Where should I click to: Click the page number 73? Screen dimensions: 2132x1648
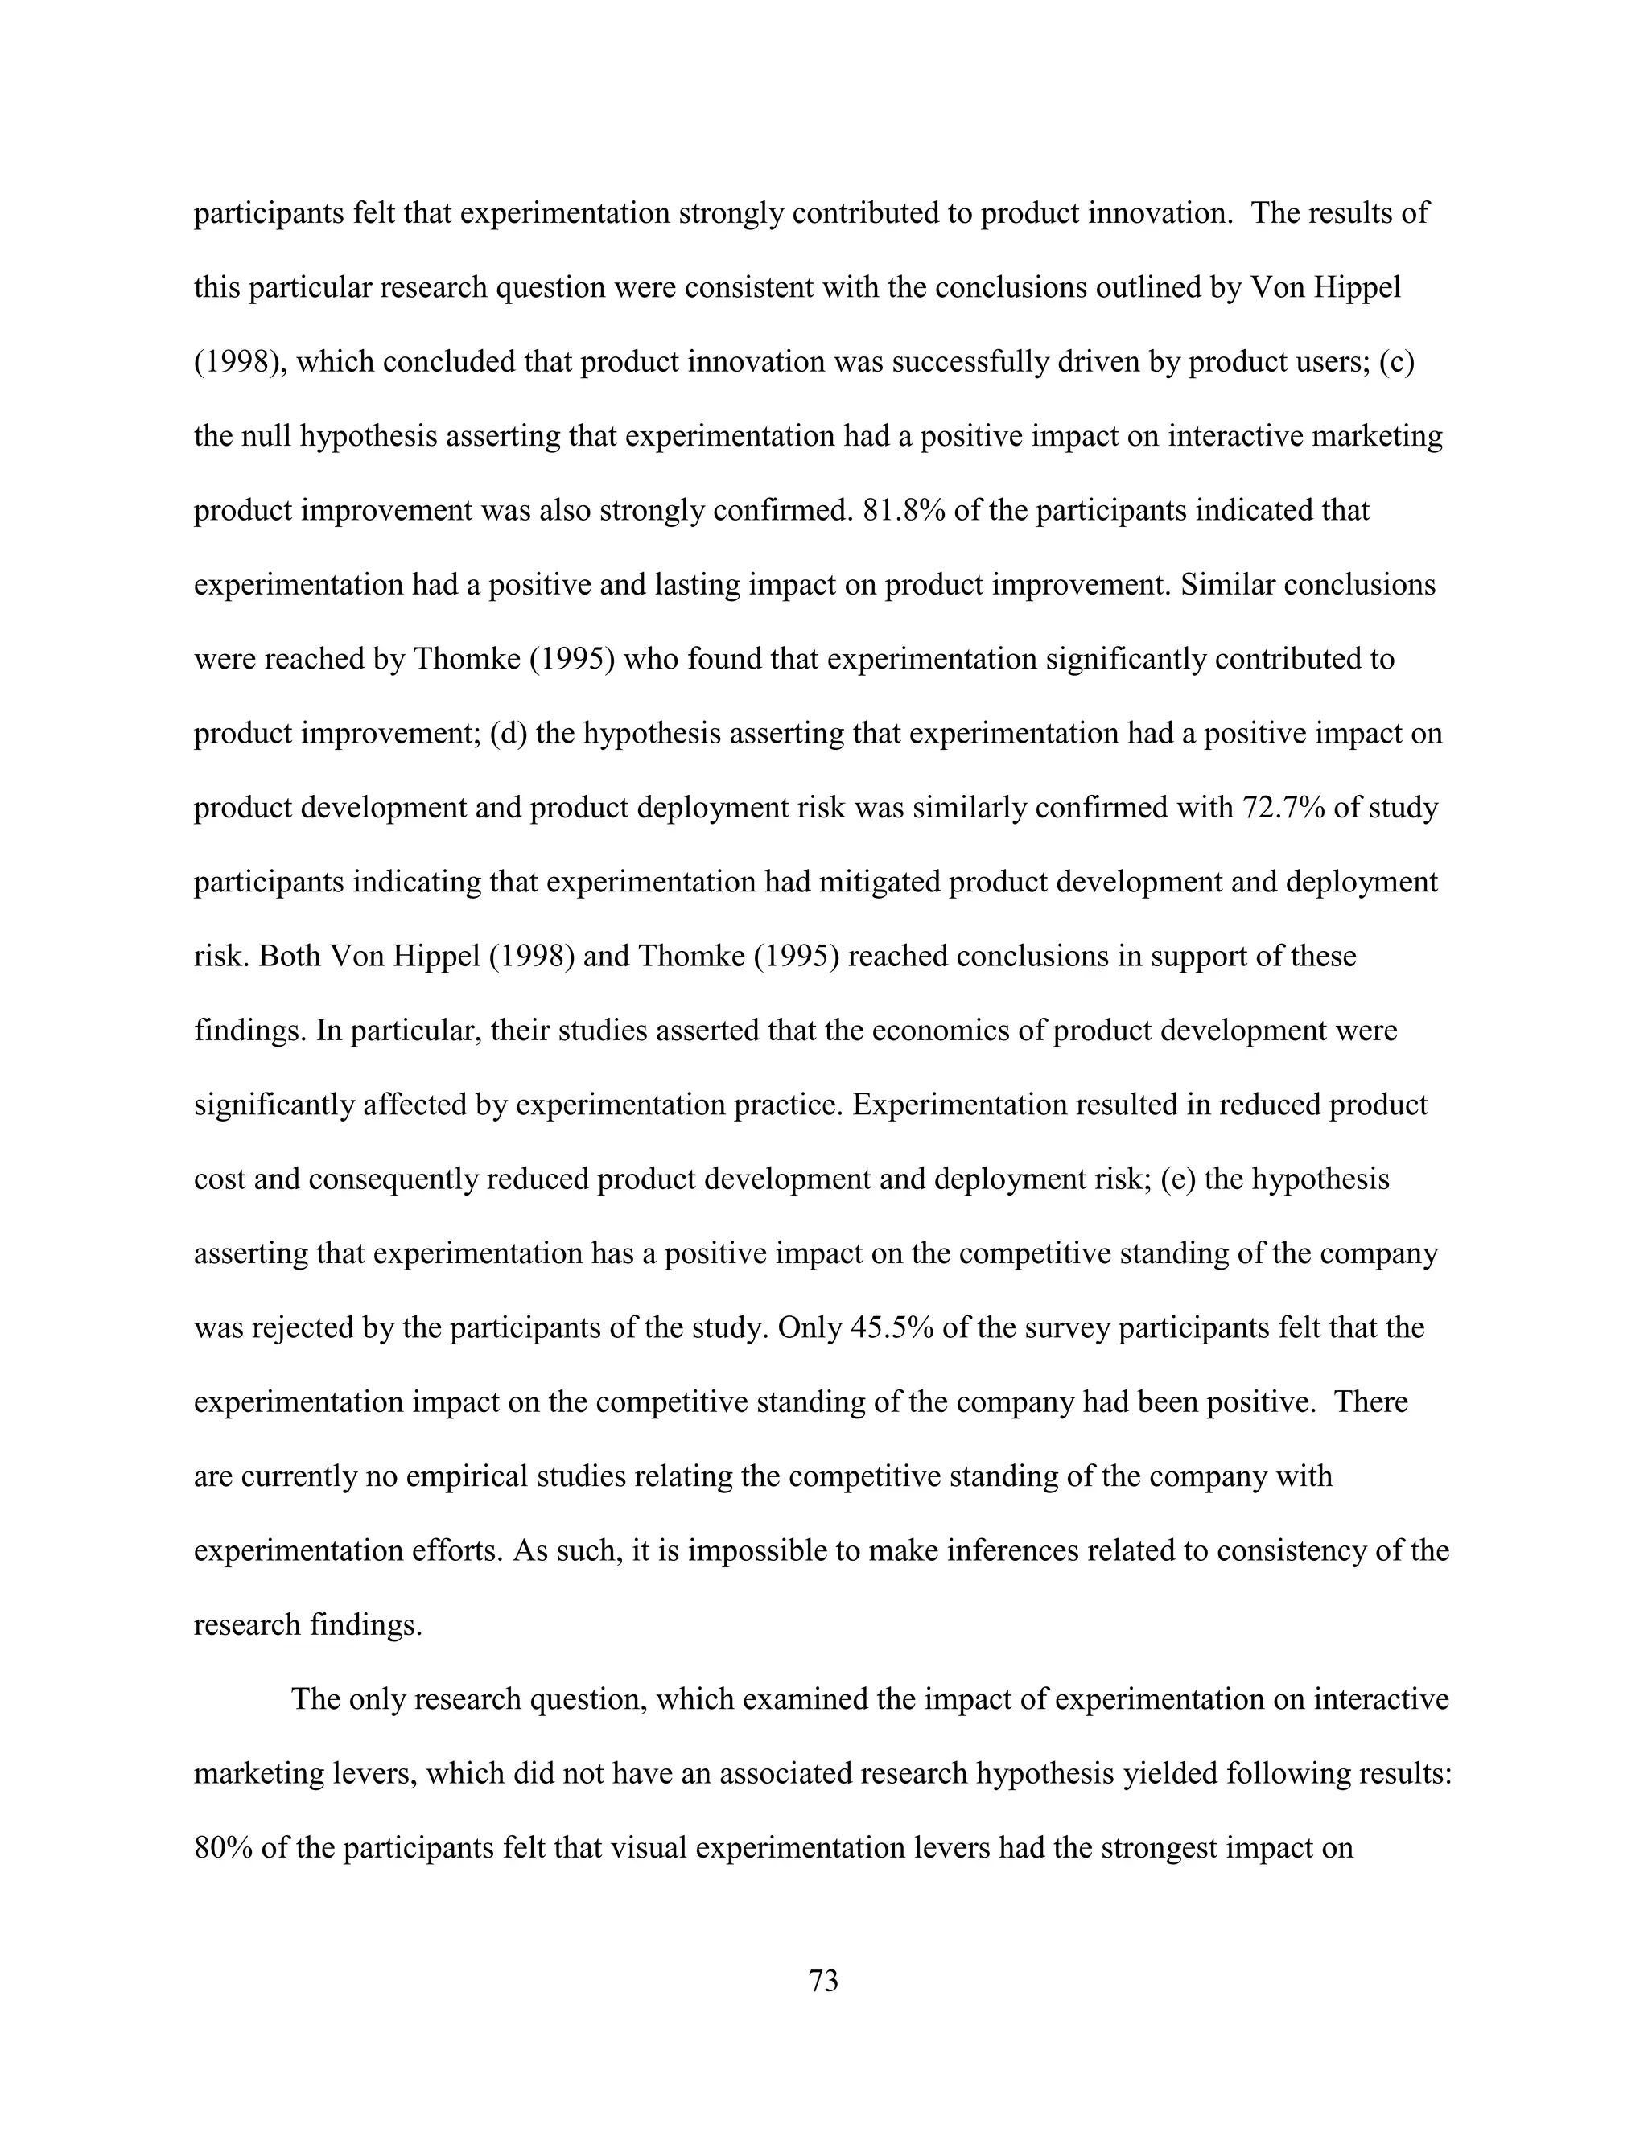[x=823, y=1981]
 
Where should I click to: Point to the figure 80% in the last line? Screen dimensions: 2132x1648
[x=224, y=1848]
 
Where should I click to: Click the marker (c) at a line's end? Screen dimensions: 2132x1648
[x=1396, y=362]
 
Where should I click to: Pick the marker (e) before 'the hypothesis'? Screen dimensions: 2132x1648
[x=1178, y=1179]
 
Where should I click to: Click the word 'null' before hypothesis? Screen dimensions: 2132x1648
[x=270, y=436]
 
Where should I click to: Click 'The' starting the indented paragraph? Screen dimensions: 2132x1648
[x=315, y=1699]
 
